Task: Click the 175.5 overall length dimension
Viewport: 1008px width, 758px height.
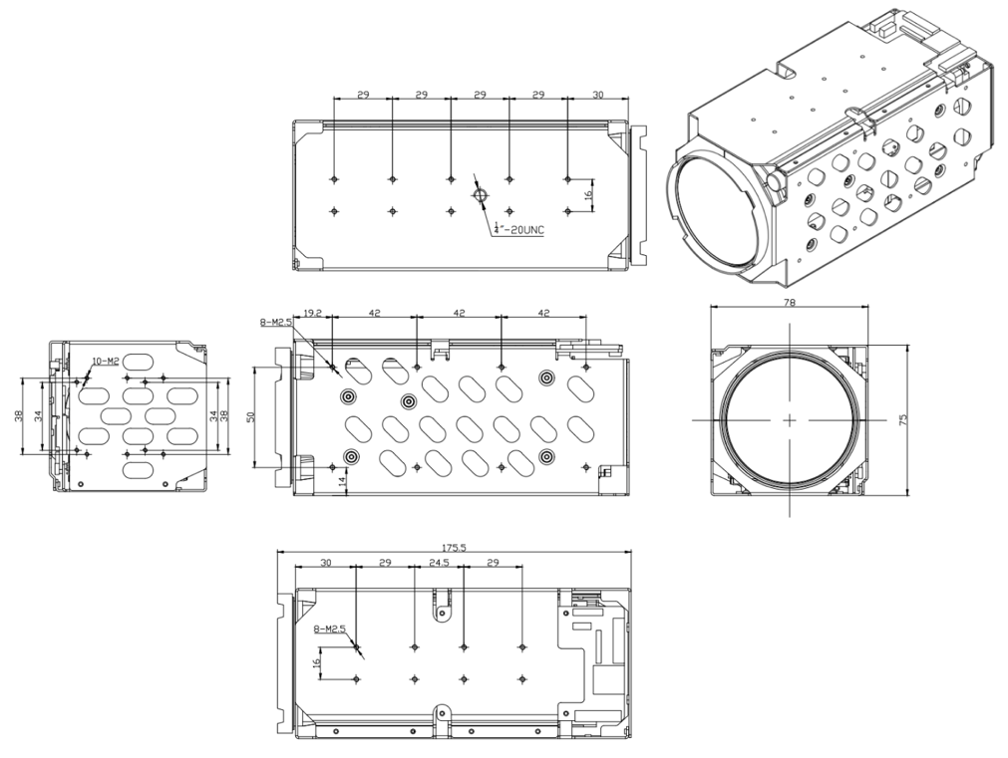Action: (x=454, y=548)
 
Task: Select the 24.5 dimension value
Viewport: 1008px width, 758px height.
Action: (x=439, y=563)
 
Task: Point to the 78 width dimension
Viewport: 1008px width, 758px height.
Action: (x=790, y=303)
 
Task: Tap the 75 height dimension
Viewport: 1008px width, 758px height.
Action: (x=903, y=420)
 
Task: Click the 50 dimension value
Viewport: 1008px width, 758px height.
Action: (x=251, y=417)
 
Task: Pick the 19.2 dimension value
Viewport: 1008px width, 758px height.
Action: (x=312, y=314)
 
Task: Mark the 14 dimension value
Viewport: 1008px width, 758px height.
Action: (x=342, y=480)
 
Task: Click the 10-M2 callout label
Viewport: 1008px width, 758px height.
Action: (x=106, y=361)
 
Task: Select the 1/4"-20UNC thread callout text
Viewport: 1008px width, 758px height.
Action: (x=518, y=228)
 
